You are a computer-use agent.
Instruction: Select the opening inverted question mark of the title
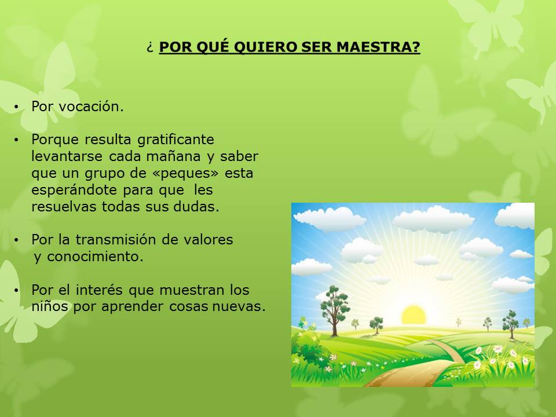coord(150,47)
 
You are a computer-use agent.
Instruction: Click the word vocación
coord(91,107)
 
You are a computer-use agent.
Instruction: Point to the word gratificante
coord(175,140)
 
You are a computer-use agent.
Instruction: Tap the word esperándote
coord(74,190)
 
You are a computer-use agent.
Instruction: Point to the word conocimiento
coord(95,257)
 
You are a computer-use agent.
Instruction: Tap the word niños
coord(49,306)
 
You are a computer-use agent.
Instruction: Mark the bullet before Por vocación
coord(16,107)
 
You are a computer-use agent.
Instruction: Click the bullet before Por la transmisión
coord(16,240)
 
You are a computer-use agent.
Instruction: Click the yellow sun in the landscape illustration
coord(414,315)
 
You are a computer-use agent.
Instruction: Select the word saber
coord(239,156)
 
